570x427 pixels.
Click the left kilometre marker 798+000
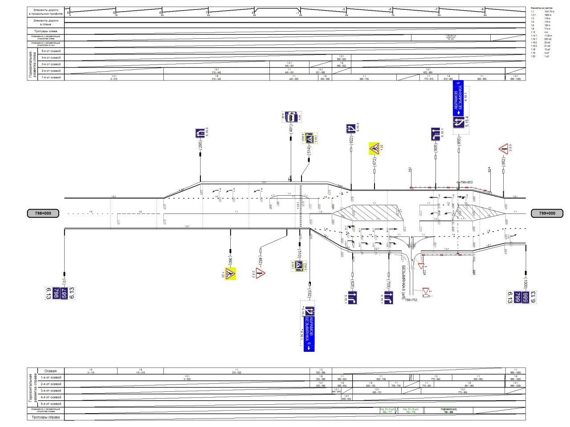point(43,213)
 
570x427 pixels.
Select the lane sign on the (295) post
point(200,133)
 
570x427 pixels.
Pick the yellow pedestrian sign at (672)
point(374,148)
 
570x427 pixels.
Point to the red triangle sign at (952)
point(504,149)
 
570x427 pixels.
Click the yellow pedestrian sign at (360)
point(230,274)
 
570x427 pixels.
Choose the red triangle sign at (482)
point(260,273)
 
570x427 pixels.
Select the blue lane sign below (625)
point(352,298)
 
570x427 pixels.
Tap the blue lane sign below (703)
point(388,298)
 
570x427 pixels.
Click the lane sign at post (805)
point(436,134)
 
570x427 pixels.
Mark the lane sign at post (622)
point(351,129)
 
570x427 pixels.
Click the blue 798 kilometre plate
point(56,294)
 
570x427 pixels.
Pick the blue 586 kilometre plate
point(526,297)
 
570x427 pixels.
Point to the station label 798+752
point(411,300)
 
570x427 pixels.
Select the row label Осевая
point(50,371)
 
